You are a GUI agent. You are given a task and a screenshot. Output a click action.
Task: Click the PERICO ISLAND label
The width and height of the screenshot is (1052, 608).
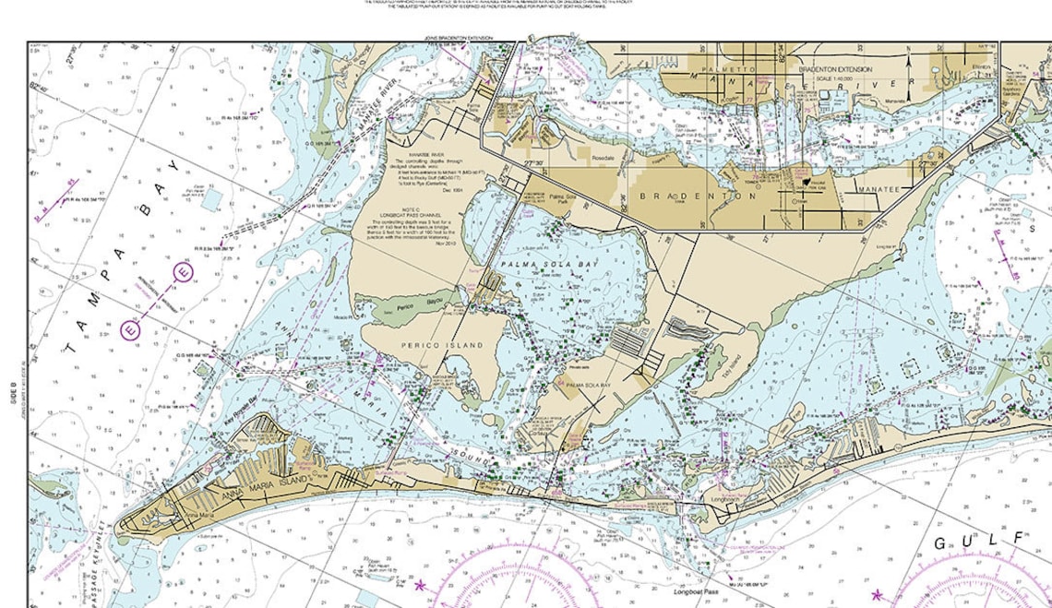(x=442, y=345)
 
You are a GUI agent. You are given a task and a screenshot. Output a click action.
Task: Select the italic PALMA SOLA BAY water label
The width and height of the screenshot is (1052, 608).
(x=544, y=265)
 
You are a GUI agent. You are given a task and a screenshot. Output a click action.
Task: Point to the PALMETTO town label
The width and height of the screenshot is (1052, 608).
(x=727, y=69)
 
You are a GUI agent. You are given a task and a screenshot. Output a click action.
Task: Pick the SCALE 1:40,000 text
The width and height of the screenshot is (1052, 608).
(x=836, y=78)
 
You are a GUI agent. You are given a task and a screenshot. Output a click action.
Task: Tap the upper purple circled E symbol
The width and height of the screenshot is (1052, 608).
(x=183, y=273)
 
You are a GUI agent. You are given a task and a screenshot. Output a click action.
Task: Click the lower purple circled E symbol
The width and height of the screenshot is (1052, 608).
(x=132, y=328)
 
